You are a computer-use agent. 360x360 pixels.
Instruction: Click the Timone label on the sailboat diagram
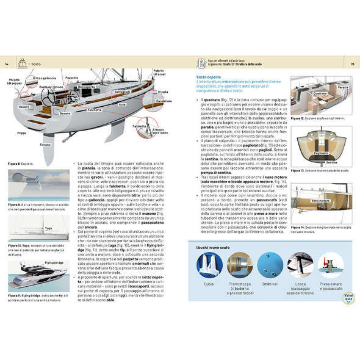point(45,145)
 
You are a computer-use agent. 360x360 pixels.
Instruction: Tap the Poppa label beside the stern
point(23,132)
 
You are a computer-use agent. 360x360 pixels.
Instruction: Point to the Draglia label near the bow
point(163,92)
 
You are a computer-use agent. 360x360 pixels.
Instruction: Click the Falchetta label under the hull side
point(95,110)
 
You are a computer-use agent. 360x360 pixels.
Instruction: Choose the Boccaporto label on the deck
point(87,86)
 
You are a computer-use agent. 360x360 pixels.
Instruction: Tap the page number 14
point(6,63)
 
